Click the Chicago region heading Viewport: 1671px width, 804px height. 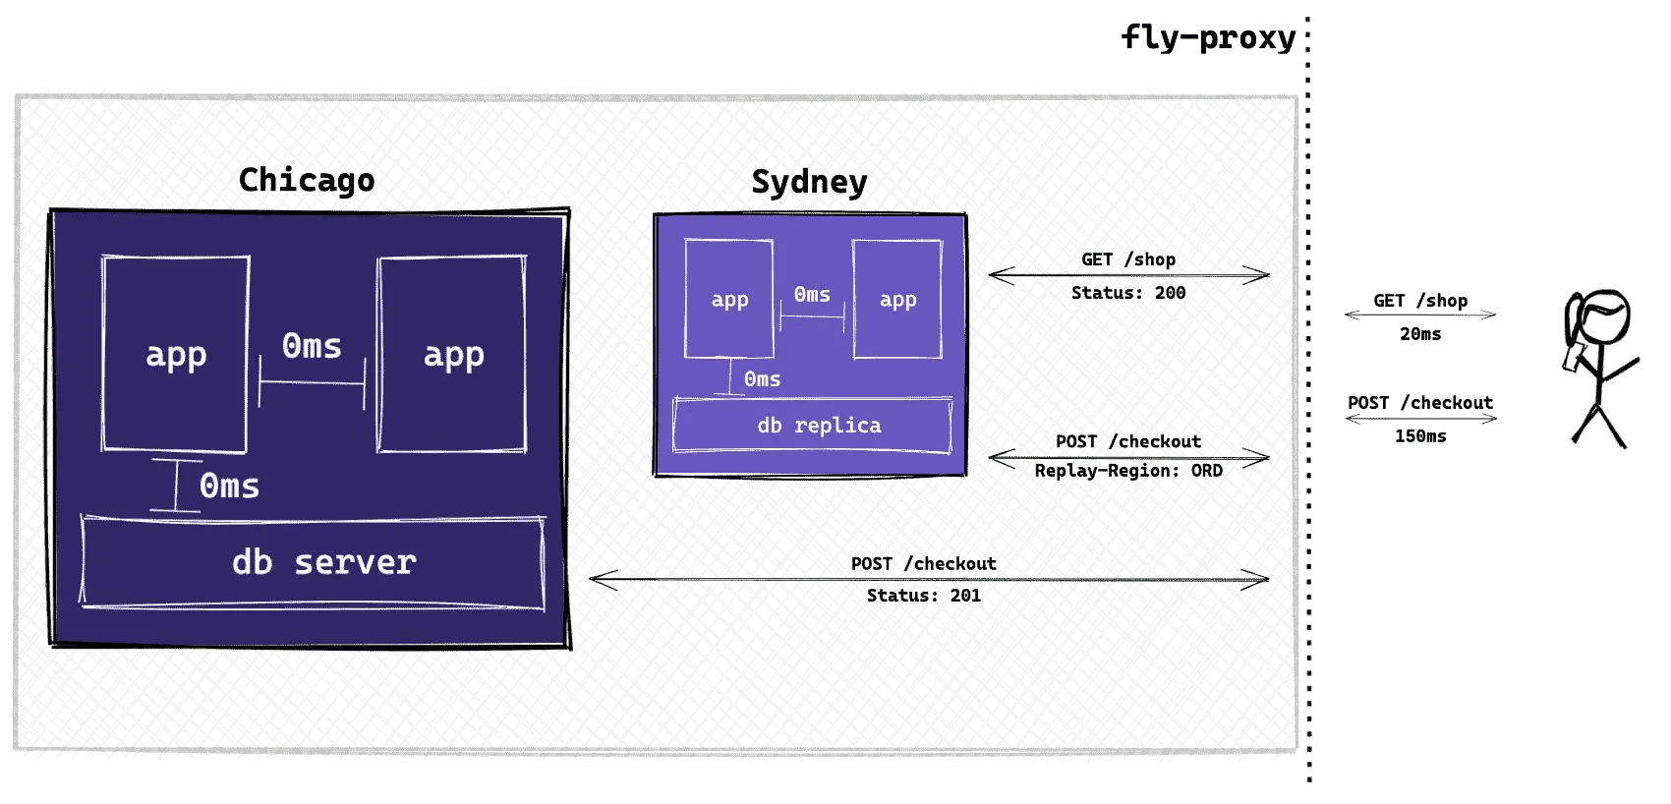[x=307, y=181]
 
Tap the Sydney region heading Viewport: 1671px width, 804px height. [x=809, y=182]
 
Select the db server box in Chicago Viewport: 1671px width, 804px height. [x=313, y=562]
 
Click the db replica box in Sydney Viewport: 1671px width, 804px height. [x=813, y=426]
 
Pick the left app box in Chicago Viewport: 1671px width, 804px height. [x=175, y=354]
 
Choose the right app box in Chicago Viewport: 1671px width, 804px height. [x=452, y=354]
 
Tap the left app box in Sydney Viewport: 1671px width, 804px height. [x=729, y=299]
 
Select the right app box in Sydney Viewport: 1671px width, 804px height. [x=897, y=299]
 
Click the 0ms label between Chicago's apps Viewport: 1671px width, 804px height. [x=312, y=346]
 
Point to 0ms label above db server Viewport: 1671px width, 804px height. [x=229, y=486]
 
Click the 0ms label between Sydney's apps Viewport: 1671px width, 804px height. [x=812, y=294]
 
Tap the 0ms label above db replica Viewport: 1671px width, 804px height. [x=762, y=378]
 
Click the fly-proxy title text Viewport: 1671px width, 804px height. [x=1208, y=38]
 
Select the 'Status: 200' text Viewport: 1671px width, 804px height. [x=1128, y=292]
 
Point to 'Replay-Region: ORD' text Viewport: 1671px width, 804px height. [x=1128, y=471]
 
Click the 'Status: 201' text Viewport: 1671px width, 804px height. [x=924, y=596]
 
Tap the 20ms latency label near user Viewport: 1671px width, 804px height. [x=1420, y=334]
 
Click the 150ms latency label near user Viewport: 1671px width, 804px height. [x=1420, y=436]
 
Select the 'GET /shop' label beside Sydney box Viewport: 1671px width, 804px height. [x=1128, y=259]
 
